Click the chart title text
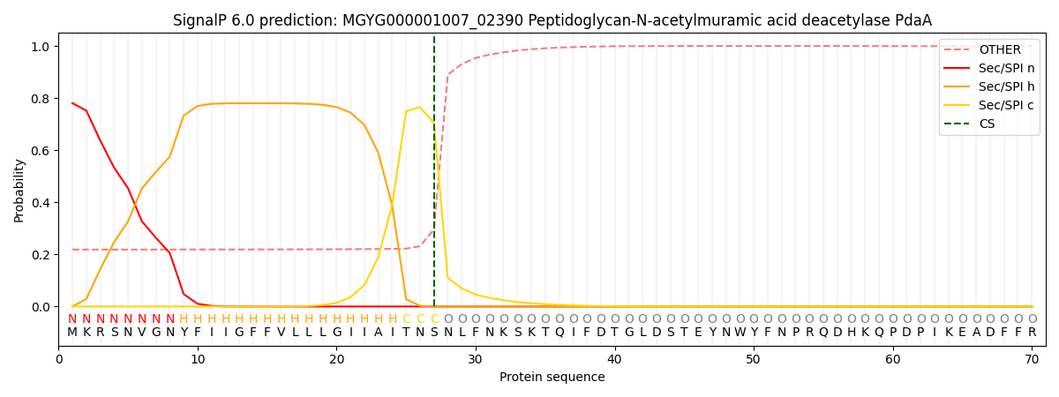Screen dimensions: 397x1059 click(x=552, y=20)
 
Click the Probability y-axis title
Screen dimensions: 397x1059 click(x=19, y=191)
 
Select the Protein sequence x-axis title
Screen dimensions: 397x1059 click(x=552, y=378)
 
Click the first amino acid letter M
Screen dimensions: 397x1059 click(x=72, y=333)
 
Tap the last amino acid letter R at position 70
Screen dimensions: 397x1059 click(x=1032, y=333)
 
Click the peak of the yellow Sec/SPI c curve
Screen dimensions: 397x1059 click(x=420, y=108)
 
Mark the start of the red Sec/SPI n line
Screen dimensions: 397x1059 click(x=72, y=103)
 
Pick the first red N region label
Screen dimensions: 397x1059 click(x=72, y=319)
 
